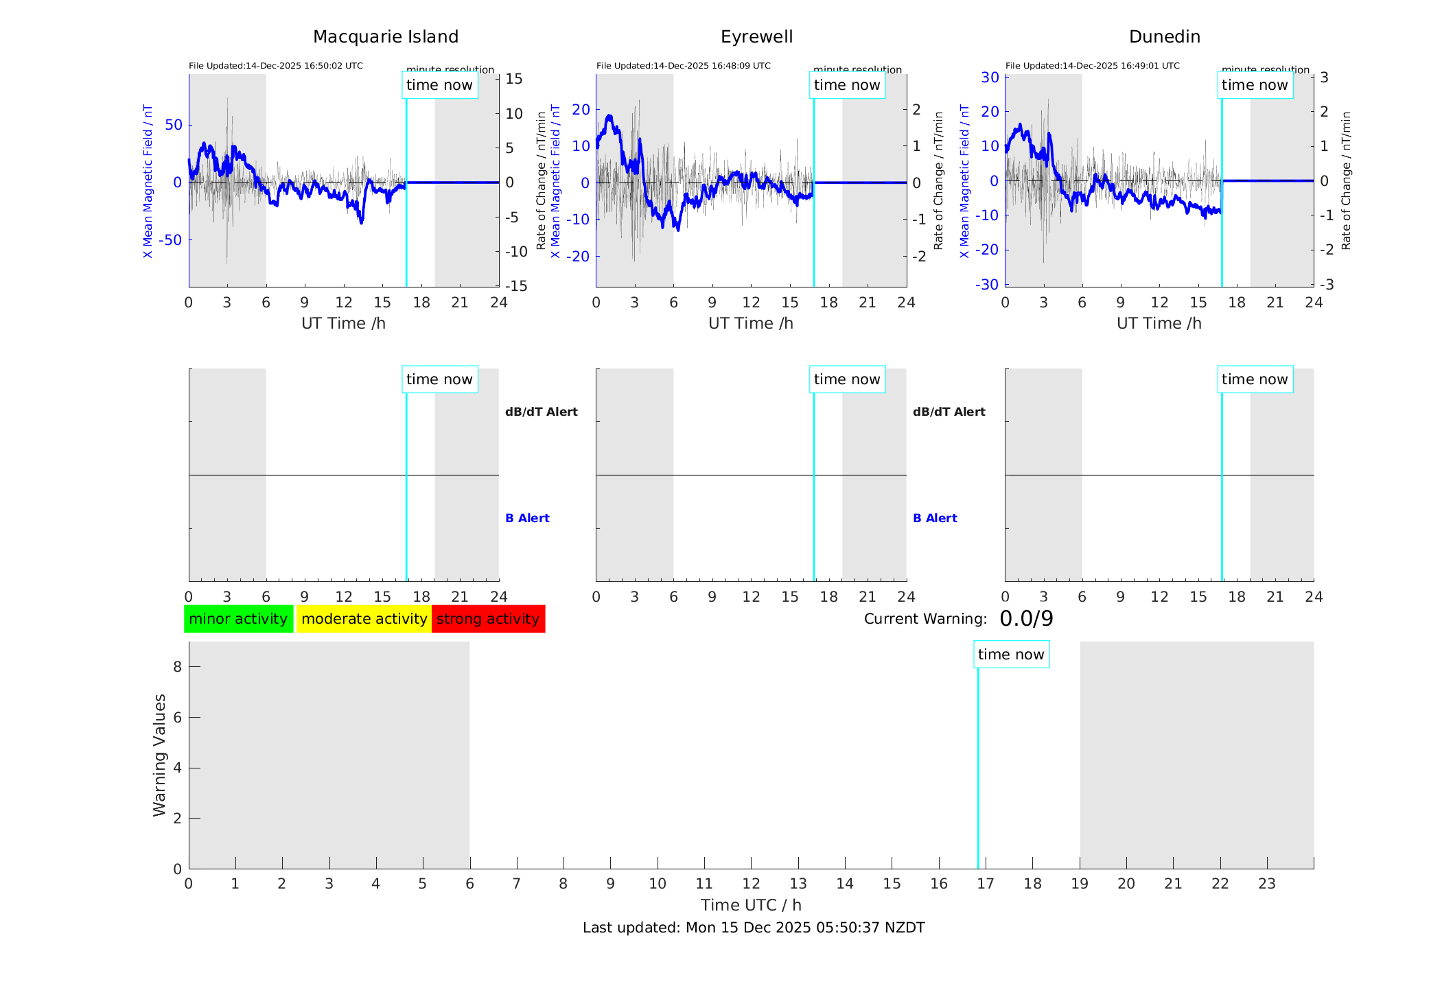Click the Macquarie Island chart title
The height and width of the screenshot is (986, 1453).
pyautogui.click(x=385, y=37)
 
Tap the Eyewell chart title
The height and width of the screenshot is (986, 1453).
pyautogui.click(x=756, y=37)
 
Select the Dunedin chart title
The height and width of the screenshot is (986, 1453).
pyautogui.click(x=1164, y=37)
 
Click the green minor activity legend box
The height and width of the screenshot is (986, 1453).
pyautogui.click(x=238, y=619)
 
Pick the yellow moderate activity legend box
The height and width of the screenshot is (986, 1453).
pyautogui.click(x=364, y=619)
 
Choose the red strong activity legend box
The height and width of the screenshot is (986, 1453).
pyautogui.click(x=488, y=619)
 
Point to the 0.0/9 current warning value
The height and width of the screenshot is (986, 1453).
pyautogui.click(x=1026, y=619)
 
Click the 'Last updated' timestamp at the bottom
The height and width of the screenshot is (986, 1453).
pyautogui.click(x=754, y=928)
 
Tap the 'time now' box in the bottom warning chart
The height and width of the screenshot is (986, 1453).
pyautogui.click(x=1011, y=655)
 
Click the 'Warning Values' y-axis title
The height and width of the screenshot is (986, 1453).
pyautogui.click(x=160, y=755)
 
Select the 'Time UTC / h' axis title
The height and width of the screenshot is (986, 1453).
pyautogui.click(x=751, y=905)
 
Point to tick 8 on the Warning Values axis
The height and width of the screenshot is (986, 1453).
pyautogui.click(x=178, y=667)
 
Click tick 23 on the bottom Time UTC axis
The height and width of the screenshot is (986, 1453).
pyautogui.click(x=1266, y=884)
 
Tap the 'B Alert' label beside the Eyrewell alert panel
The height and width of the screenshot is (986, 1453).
pyautogui.click(x=935, y=518)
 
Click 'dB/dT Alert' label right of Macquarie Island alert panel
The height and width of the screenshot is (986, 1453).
pyautogui.click(x=541, y=412)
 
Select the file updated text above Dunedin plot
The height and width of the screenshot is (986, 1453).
pyautogui.click(x=1092, y=66)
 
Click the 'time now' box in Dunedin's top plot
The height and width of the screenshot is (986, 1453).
pyautogui.click(x=1255, y=85)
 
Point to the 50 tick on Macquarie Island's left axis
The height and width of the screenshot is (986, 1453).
pyautogui.click(x=174, y=125)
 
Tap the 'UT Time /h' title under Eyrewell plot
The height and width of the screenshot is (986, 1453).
pyautogui.click(x=751, y=323)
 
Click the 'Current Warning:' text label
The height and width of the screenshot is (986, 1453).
pyautogui.click(x=925, y=619)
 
